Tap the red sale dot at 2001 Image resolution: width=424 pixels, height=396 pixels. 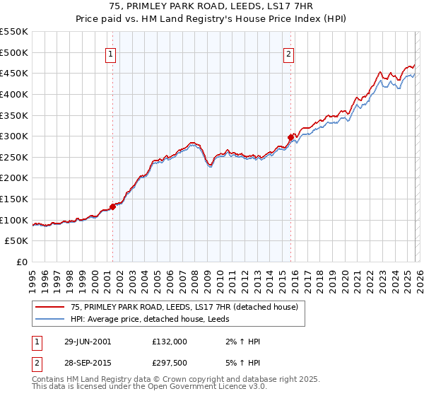click(x=113, y=206)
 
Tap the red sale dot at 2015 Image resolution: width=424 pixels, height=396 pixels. click(x=290, y=137)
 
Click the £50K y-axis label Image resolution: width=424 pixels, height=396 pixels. click(x=17, y=241)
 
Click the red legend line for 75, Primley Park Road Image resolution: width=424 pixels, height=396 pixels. click(x=49, y=307)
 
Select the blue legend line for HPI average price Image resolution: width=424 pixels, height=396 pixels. click(x=49, y=319)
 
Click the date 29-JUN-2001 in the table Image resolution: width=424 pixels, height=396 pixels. click(x=87, y=342)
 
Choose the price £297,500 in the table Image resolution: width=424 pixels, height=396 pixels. click(x=170, y=364)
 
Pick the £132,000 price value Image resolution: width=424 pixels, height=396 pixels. click(x=170, y=342)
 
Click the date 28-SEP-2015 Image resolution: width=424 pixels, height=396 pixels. click(x=87, y=364)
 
